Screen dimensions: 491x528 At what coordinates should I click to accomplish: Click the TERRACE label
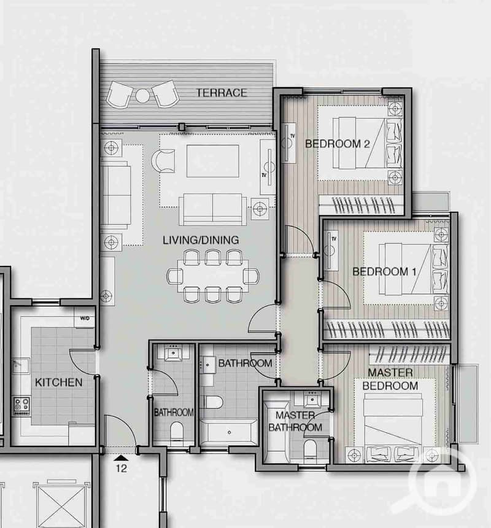(x=222, y=93)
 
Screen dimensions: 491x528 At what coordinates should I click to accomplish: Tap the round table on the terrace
(x=142, y=96)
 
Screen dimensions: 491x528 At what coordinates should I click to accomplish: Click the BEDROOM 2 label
(x=337, y=144)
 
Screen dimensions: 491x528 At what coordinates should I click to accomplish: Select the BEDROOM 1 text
(x=384, y=271)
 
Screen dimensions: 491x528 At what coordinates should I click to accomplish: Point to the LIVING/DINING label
(x=201, y=240)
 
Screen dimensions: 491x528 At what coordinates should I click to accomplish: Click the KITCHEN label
(x=58, y=382)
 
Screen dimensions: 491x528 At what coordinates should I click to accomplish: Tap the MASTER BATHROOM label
(x=295, y=421)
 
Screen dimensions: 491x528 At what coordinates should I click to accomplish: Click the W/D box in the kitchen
(x=85, y=318)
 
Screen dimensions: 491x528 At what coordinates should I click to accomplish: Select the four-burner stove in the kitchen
(x=21, y=405)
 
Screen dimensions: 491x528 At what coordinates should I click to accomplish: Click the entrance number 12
(x=122, y=468)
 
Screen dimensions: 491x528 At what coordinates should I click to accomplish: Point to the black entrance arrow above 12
(x=121, y=457)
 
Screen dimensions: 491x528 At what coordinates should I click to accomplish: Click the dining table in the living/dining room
(x=213, y=276)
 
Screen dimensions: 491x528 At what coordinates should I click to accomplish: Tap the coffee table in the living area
(x=213, y=161)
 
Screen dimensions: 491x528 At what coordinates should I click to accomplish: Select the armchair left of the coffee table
(x=163, y=161)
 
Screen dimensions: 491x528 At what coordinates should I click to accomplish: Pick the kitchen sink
(x=21, y=365)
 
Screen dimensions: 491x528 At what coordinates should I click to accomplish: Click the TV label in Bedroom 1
(x=334, y=239)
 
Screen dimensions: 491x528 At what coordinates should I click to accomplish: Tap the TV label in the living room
(x=264, y=175)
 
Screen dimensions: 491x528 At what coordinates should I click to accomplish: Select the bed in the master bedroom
(x=393, y=427)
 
